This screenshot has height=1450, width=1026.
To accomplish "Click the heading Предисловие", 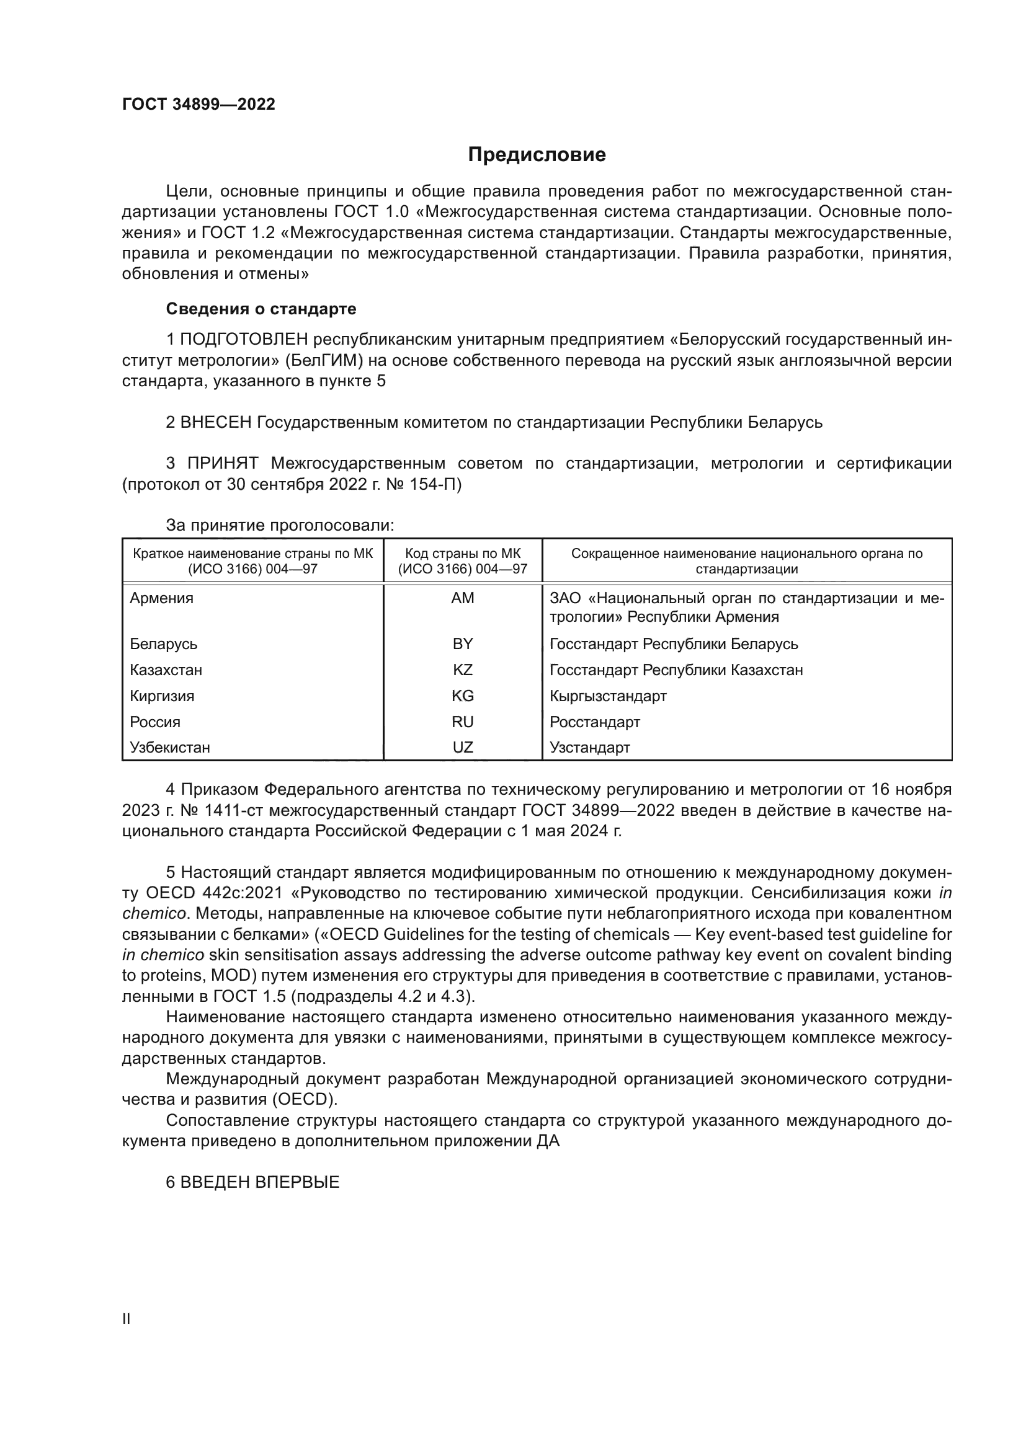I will (x=537, y=155).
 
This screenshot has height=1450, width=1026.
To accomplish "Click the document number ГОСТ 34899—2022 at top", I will (x=199, y=104).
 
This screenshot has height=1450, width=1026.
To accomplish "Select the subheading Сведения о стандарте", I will (x=261, y=309).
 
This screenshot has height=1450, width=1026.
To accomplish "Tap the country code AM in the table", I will (x=463, y=598).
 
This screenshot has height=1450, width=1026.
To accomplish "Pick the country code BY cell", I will (x=463, y=643).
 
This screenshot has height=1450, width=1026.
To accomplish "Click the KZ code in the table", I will (x=463, y=670).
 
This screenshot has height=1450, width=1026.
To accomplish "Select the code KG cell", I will (x=463, y=696).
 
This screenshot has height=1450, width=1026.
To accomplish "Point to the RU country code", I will (x=463, y=722).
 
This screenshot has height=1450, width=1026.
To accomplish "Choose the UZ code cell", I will (x=463, y=748).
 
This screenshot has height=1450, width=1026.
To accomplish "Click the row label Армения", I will (x=162, y=598).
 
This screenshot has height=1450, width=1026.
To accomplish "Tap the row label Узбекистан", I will (x=170, y=748).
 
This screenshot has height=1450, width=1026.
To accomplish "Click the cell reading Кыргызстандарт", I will (x=608, y=696).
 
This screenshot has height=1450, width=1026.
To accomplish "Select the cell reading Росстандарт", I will (x=594, y=722).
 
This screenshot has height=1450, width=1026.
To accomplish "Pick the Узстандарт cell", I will (x=589, y=748).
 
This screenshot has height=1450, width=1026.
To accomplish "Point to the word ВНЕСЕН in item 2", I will (x=216, y=422).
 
